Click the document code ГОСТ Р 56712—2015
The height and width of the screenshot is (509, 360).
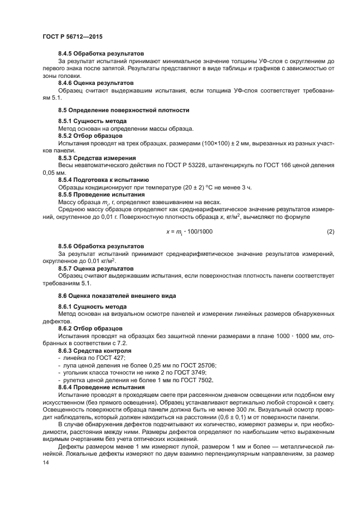(x=72, y=36)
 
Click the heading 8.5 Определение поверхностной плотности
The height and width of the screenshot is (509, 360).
(x=124, y=110)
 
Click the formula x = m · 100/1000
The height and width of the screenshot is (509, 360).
(x=190, y=231)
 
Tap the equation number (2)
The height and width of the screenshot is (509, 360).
(x=330, y=231)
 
